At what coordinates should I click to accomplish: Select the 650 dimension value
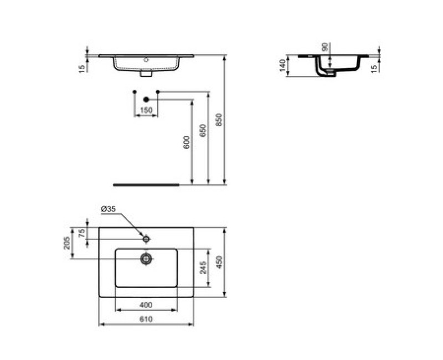pyautogui.click(x=203, y=131)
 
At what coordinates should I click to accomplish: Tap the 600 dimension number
pyautogui.click(x=187, y=142)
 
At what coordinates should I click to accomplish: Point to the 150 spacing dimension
pyautogui.click(x=146, y=111)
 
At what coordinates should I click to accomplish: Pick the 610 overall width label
pyautogui.click(x=146, y=319)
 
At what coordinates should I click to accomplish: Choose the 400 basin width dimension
pyautogui.click(x=146, y=305)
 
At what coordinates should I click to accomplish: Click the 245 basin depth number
pyautogui.click(x=203, y=268)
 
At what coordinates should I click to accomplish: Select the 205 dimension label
pyautogui.click(x=68, y=243)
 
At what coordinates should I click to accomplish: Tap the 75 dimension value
pyautogui.click(x=81, y=233)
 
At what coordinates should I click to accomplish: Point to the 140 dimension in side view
pyautogui.click(x=282, y=66)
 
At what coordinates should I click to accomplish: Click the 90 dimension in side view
pyautogui.click(x=325, y=48)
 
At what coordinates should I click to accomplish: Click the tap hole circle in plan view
pyautogui.click(x=146, y=239)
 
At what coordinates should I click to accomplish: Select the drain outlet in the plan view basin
pyautogui.click(x=146, y=259)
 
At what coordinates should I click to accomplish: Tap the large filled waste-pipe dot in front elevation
pyautogui.click(x=146, y=100)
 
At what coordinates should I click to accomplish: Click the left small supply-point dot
pyautogui.click(x=135, y=91)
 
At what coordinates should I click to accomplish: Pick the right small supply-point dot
pyautogui.click(x=158, y=91)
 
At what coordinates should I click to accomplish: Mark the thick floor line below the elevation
pyautogui.click(x=146, y=184)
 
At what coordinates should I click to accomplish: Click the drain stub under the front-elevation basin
pyautogui.click(x=147, y=72)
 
